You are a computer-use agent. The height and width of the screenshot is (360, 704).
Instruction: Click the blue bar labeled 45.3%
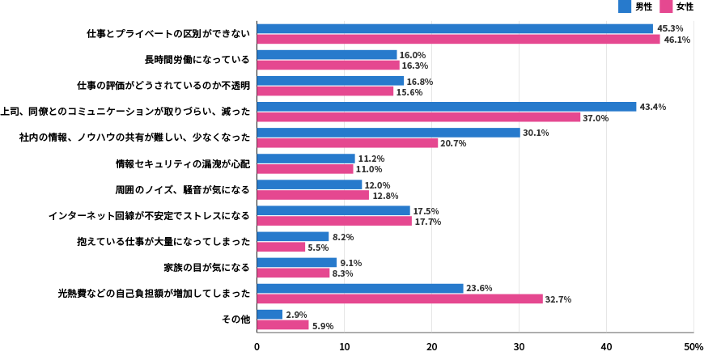point(455,28)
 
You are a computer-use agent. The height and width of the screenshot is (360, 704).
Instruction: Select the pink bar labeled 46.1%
point(458,39)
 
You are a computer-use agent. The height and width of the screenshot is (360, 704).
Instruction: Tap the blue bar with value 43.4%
point(447,107)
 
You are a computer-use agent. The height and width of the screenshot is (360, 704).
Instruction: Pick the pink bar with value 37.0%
point(418,117)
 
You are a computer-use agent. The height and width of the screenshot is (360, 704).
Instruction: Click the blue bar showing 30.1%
point(388,133)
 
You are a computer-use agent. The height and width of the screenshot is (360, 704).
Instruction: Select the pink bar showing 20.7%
point(347,143)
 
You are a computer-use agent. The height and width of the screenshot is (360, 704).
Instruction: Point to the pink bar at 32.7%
point(400,299)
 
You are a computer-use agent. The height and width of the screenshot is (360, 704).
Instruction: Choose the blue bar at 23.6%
point(360,289)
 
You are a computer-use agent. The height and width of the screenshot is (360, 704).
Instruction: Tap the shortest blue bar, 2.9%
point(269,315)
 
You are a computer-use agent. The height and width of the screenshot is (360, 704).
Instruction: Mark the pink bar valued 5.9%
point(282,325)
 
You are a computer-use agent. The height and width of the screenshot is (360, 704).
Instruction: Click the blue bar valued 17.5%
point(333,211)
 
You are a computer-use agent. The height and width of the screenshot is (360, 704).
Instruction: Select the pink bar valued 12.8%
point(312,195)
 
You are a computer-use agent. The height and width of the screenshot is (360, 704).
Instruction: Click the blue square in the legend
point(625,6)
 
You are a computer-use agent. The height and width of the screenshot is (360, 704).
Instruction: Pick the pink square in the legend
point(666,6)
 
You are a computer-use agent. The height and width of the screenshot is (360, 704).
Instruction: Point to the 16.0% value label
point(412,55)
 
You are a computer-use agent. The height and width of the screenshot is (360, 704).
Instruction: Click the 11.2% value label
point(371,159)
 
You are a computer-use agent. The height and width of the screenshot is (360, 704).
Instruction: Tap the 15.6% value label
point(409,92)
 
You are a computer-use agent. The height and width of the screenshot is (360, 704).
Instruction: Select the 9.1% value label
point(350,263)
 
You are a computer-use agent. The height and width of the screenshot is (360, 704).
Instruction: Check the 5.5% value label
point(318,248)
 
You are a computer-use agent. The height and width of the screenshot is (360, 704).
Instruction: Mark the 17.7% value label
point(427,222)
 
